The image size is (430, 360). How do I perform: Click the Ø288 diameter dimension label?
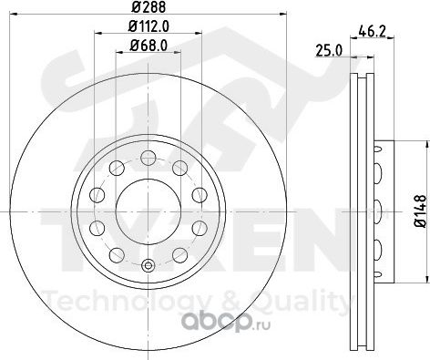(x=148, y=6)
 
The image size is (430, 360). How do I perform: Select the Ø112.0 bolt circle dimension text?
(x=148, y=26)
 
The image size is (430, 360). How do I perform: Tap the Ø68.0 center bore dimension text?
(x=148, y=46)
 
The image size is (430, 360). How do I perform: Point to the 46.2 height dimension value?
(x=372, y=31)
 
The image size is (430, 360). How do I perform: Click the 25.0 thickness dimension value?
(x=329, y=50)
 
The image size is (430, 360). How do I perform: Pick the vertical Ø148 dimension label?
(x=421, y=211)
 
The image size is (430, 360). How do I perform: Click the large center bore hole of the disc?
(x=148, y=211)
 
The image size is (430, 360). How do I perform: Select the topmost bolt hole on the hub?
(x=148, y=158)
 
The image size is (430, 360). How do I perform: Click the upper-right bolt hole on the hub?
(x=180, y=168)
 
